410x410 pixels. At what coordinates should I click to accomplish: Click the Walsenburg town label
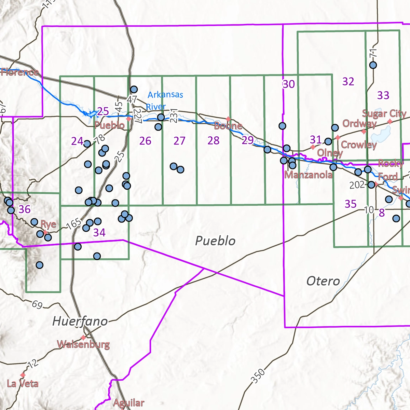point(83,344)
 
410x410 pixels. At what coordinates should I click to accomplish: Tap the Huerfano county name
point(80,321)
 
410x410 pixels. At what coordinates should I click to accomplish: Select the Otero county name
point(323,281)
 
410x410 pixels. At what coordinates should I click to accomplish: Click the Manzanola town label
point(308,175)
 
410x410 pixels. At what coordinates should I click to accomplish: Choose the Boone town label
point(228,126)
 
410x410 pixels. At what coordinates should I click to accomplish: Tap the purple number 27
point(179,141)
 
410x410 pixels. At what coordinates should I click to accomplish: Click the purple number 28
point(214,140)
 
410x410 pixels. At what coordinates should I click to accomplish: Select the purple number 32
point(348,81)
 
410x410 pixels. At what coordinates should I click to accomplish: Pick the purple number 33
point(383,95)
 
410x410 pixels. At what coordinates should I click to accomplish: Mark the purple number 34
point(99,233)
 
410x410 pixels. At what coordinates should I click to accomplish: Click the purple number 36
point(25,209)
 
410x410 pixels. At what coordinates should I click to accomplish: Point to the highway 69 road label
point(37,304)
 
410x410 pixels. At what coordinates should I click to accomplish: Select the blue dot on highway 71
point(373,65)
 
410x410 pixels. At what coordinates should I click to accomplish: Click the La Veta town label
point(23,383)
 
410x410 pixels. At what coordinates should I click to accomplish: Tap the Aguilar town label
point(128,403)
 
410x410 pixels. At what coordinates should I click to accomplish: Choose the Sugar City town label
point(384,113)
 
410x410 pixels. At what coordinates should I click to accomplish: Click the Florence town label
point(19,72)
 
